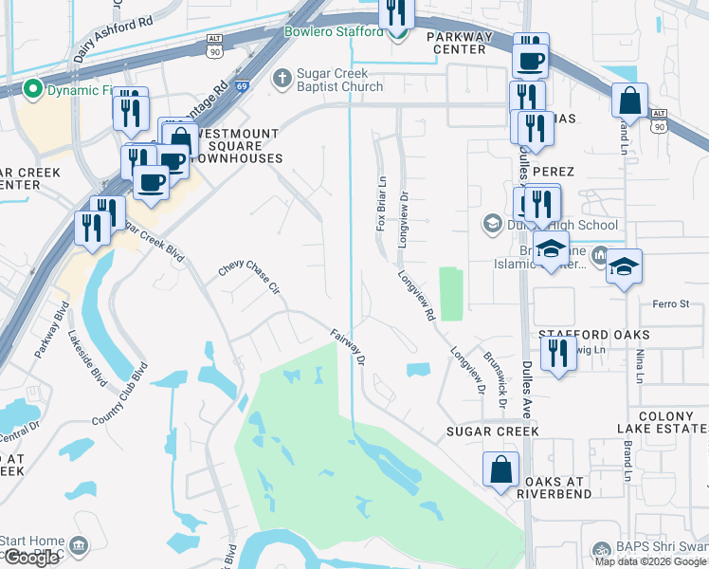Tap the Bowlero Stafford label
pyautogui.click(x=335, y=30)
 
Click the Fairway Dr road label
pyautogui.click(x=349, y=346)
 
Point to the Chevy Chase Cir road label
pyautogui.click(x=250, y=278)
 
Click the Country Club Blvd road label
pyautogui.click(x=120, y=393)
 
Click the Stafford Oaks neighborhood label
pyautogui.click(x=593, y=335)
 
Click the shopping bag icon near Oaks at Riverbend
pyautogui.click(x=500, y=469)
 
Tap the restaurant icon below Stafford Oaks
pyautogui.click(x=557, y=353)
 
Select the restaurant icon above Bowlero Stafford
pyautogui.click(x=395, y=12)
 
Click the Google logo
pyautogui.click(x=31, y=557)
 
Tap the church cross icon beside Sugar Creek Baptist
pyautogui.click(x=282, y=79)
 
